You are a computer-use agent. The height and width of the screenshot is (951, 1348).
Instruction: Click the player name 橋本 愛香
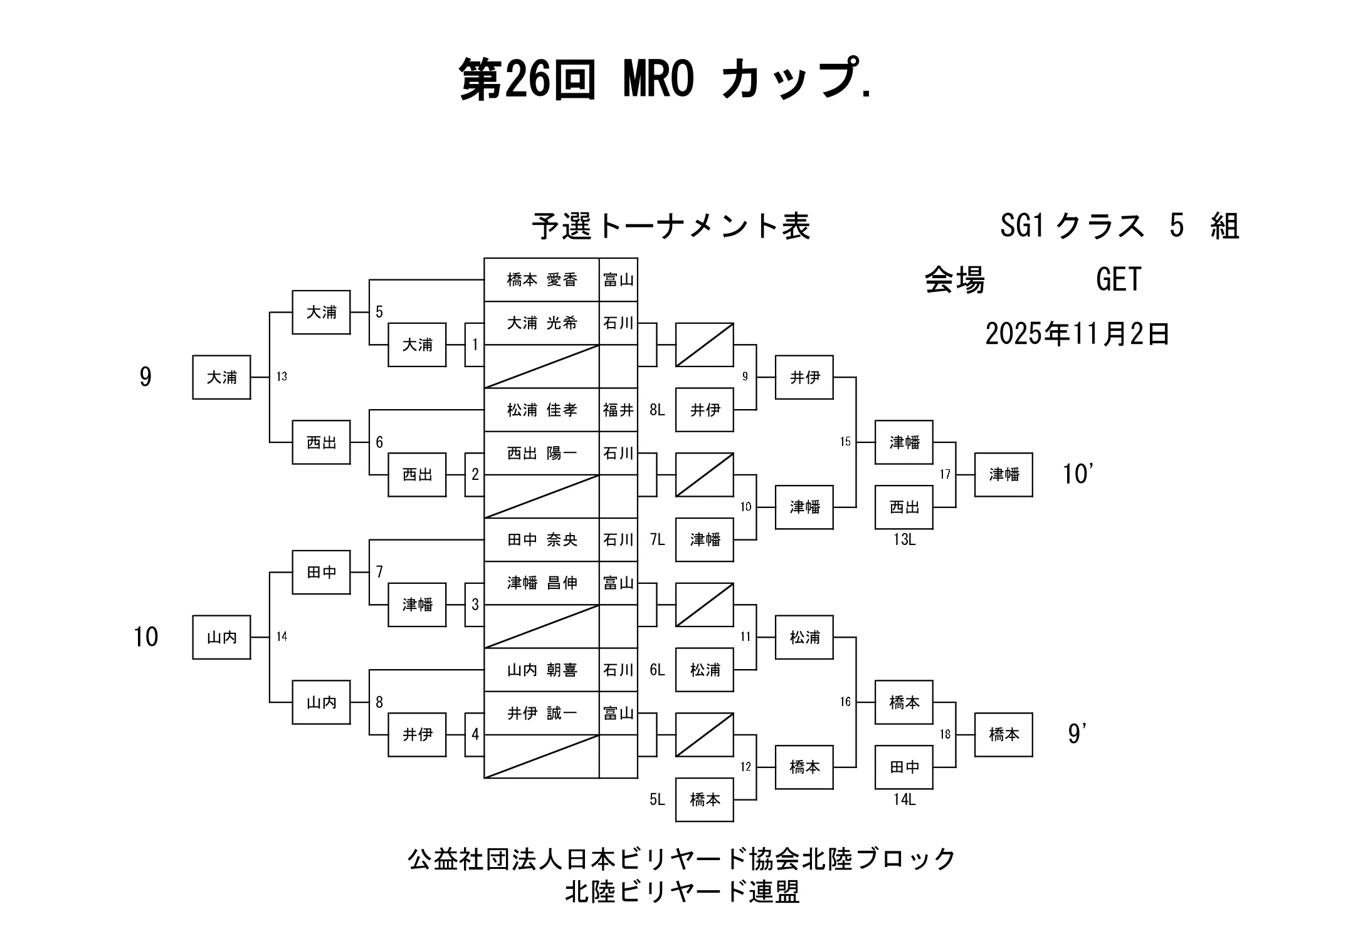point(542,280)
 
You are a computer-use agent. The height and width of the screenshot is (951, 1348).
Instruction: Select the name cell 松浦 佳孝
point(542,410)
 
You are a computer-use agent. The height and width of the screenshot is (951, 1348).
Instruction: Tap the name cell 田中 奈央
point(542,540)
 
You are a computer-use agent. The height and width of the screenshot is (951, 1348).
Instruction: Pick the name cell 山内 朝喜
point(542,670)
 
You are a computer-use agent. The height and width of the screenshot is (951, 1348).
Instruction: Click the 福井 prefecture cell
point(618,410)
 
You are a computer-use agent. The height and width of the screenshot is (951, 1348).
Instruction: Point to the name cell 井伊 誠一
point(542,714)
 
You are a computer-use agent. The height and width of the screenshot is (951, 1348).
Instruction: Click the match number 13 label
point(282,377)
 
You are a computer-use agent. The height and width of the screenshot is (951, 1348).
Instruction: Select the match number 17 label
point(945,475)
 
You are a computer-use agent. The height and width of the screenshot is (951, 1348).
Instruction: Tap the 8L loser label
point(657,410)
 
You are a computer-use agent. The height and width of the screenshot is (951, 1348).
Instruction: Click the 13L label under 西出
point(904,540)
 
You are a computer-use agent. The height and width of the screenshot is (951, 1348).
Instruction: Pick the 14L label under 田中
point(904,800)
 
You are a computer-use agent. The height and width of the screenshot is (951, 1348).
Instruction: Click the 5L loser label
point(657,800)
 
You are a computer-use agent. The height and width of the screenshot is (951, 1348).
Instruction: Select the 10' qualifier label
point(1078,474)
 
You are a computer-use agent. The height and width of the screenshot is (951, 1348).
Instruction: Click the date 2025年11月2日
point(1077,334)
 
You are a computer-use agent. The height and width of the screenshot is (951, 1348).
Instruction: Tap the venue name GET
point(1119,279)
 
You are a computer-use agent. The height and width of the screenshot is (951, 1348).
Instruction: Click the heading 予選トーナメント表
point(671,227)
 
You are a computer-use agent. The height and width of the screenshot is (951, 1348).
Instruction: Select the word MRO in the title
point(658,80)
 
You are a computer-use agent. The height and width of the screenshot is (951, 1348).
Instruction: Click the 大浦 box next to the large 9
point(221,377)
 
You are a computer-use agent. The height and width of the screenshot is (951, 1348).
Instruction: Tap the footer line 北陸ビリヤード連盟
point(682,892)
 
